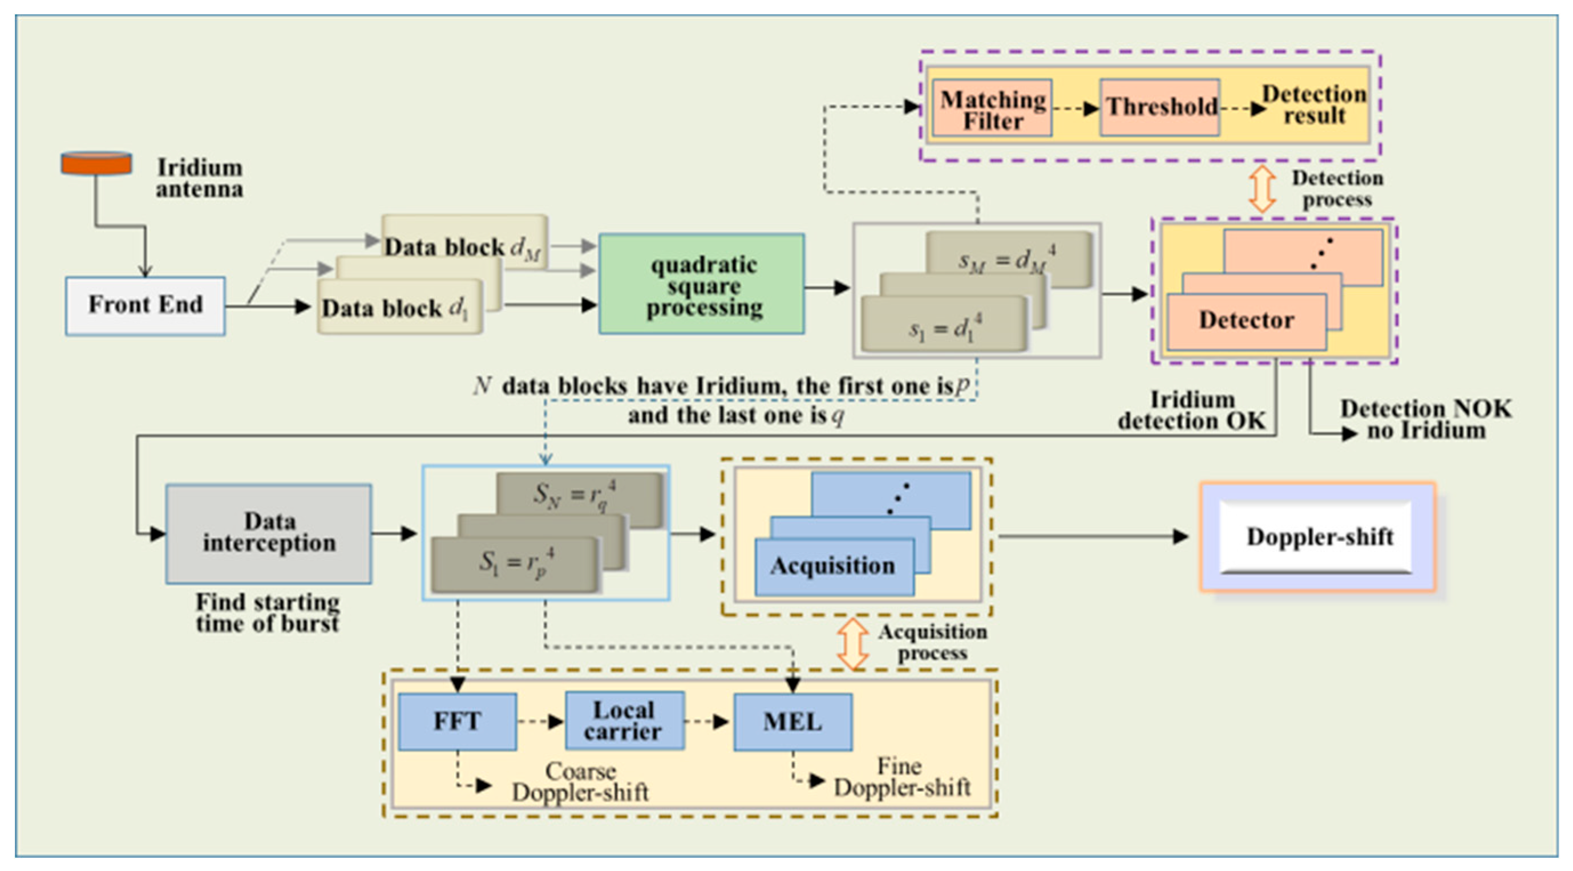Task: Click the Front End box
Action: pyautogui.click(x=145, y=305)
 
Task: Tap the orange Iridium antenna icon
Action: pyautogui.click(x=96, y=163)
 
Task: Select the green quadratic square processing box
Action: pyautogui.click(x=702, y=284)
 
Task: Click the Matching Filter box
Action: pyautogui.click(x=992, y=108)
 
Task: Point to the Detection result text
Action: pyautogui.click(x=1313, y=105)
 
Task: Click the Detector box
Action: pyautogui.click(x=1246, y=321)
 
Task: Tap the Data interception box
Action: pyautogui.click(x=269, y=533)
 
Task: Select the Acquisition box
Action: pyautogui.click(x=834, y=566)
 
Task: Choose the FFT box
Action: pyautogui.click(x=457, y=721)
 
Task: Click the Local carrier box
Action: pyautogui.click(x=624, y=721)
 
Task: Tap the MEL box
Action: pyautogui.click(x=792, y=722)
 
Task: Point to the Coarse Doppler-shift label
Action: pyautogui.click(x=580, y=782)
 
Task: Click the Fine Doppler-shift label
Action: pyautogui.click(x=901, y=777)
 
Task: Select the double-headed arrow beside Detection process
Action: pyautogui.click(x=1261, y=189)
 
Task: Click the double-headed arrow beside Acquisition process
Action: pyautogui.click(x=852, y=644)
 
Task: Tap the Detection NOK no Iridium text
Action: pyautogui.click(x=1425, y=419)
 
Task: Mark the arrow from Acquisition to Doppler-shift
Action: pyautogui.click(x=1093, y=537)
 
